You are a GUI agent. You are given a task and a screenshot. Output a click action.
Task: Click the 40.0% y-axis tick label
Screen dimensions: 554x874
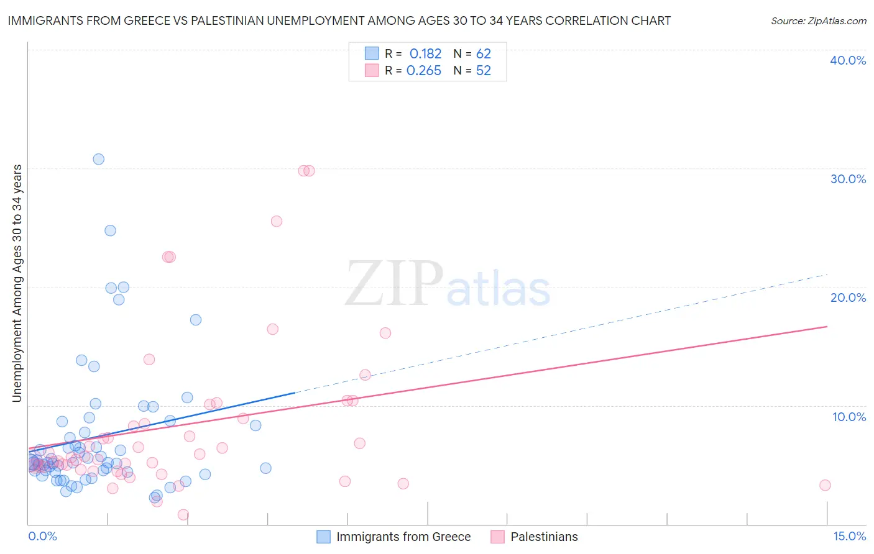pos(848,60)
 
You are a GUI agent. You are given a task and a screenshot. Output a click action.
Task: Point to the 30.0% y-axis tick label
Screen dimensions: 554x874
pos(848,179)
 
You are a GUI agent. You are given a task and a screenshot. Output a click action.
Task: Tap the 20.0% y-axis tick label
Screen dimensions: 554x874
pos(848,297)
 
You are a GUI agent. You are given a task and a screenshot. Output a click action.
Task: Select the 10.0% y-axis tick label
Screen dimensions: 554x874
pos(849,417)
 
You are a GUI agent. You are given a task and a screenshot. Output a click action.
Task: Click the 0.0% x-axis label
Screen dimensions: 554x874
pos(42,536)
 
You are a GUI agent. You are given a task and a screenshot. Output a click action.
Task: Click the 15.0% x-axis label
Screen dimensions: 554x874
pos(849,536)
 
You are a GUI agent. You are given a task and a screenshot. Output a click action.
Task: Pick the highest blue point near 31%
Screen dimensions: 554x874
pos(98,159)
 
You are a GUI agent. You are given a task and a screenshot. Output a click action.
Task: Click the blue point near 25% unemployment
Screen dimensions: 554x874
pos(110,230)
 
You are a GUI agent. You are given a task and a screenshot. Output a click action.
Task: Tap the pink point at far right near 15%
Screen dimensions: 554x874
pos(825,485)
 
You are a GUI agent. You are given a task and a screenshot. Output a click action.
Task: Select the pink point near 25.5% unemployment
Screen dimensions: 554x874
pos(277,221)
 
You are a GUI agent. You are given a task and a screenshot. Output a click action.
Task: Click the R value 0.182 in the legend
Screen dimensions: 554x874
pos(425,54)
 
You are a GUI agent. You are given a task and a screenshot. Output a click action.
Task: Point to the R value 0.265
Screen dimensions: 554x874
pos(424,71)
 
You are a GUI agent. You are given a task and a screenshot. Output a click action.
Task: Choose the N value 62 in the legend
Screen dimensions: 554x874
pos(484,54)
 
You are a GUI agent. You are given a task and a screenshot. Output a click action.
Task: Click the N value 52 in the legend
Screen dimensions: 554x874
pos(484,71)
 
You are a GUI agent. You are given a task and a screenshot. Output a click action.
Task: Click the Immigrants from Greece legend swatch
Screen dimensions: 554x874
pos(323,537)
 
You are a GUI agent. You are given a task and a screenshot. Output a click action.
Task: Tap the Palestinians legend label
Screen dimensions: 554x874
pos(544,537)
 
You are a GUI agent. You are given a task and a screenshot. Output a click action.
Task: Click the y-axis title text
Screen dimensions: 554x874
pos(17,283)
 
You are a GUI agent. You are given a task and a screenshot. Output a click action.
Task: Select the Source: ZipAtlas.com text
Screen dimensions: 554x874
pos(819,21)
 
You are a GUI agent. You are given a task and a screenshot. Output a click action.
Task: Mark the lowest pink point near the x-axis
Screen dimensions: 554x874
pos(183,514)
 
